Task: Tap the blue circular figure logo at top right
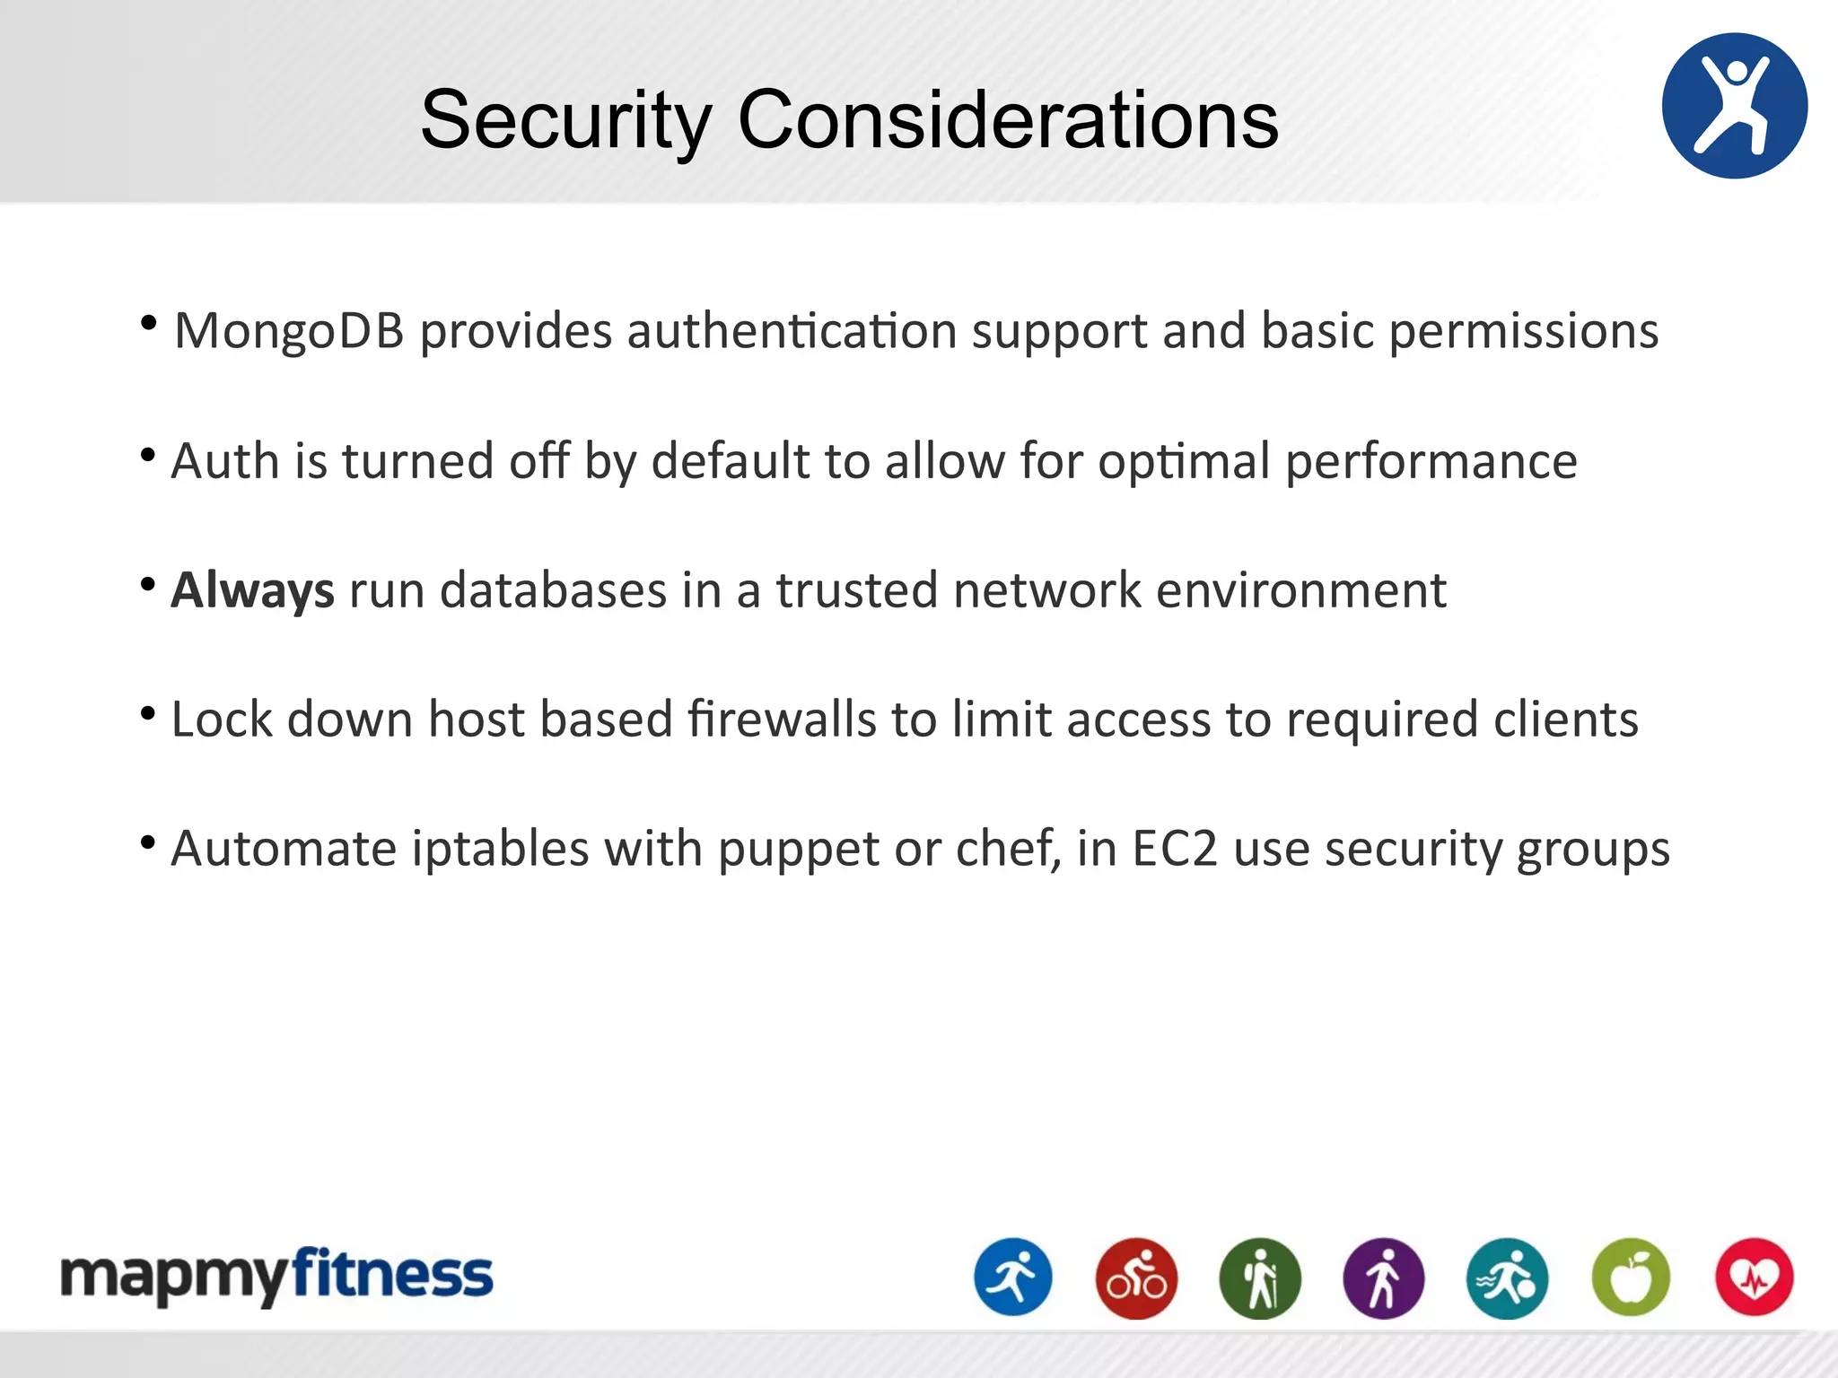(x=1734, y=106)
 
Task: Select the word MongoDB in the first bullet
(x=289, y=332)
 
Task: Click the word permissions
(x=1523, y=332)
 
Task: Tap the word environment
(x=1300, y=590)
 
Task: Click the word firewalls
(x=781, y=720)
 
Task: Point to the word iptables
(x=499, y=849)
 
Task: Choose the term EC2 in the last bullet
(x=1174, y=849)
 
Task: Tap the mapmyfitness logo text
(x=276, y=1276)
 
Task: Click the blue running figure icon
(x=1013, y=1278)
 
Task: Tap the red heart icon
(x=1754, y=1278)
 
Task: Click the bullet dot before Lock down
(x=149, y=714)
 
